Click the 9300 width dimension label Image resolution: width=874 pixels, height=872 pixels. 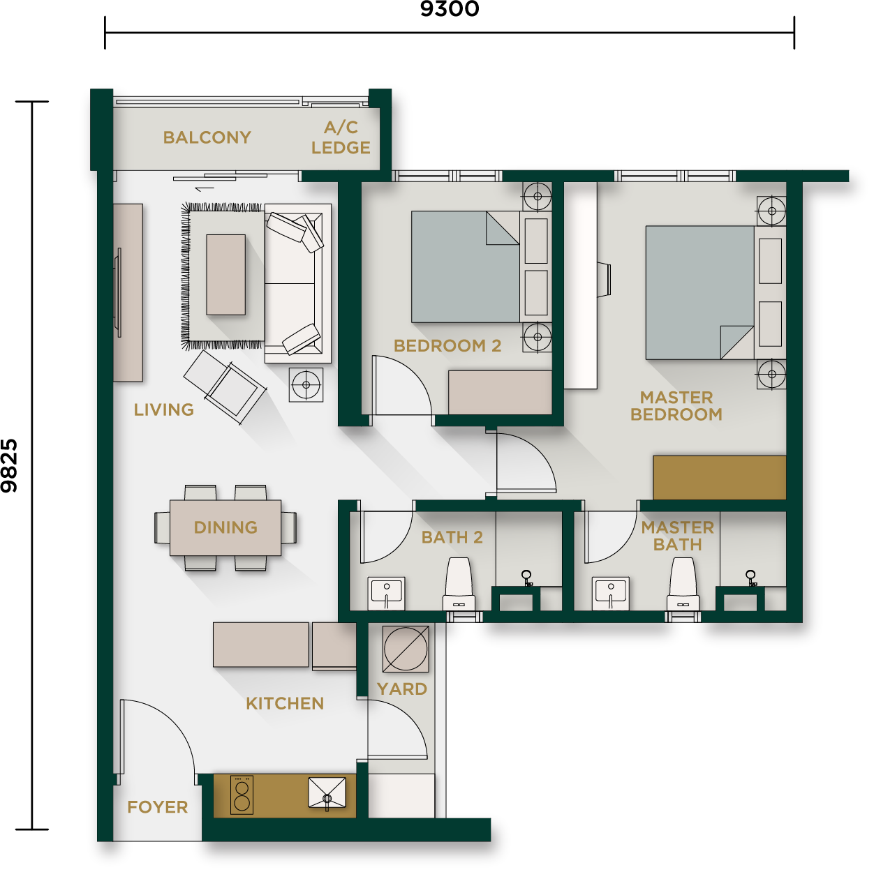pos(449,8)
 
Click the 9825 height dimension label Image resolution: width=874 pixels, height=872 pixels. pos(9,465)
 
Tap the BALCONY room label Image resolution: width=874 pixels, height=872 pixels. pos(207,137)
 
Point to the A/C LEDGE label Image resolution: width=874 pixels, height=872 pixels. pos(341,137)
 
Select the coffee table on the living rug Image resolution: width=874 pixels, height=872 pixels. pos(226,274)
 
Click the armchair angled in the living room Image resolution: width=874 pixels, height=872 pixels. pos(225,386)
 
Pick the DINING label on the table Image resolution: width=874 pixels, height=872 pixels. pos(225,527)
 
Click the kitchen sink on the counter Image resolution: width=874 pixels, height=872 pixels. pos(327,793)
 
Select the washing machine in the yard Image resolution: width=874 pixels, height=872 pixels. pos(406,649)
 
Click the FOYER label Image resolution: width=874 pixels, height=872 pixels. pos(157,806)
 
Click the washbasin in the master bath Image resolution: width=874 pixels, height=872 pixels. pos(611,593)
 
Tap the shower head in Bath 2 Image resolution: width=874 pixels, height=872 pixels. pos(526,578)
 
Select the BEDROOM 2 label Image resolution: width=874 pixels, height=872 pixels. pos(447,345)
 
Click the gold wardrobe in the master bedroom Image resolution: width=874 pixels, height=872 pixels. pos(719,477)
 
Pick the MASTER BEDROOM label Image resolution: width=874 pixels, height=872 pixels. pos(676,406)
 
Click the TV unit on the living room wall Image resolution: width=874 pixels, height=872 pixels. pos(128,292)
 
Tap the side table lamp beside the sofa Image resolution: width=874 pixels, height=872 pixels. pos(306,385)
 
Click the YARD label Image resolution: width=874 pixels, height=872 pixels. pos(402,689)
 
